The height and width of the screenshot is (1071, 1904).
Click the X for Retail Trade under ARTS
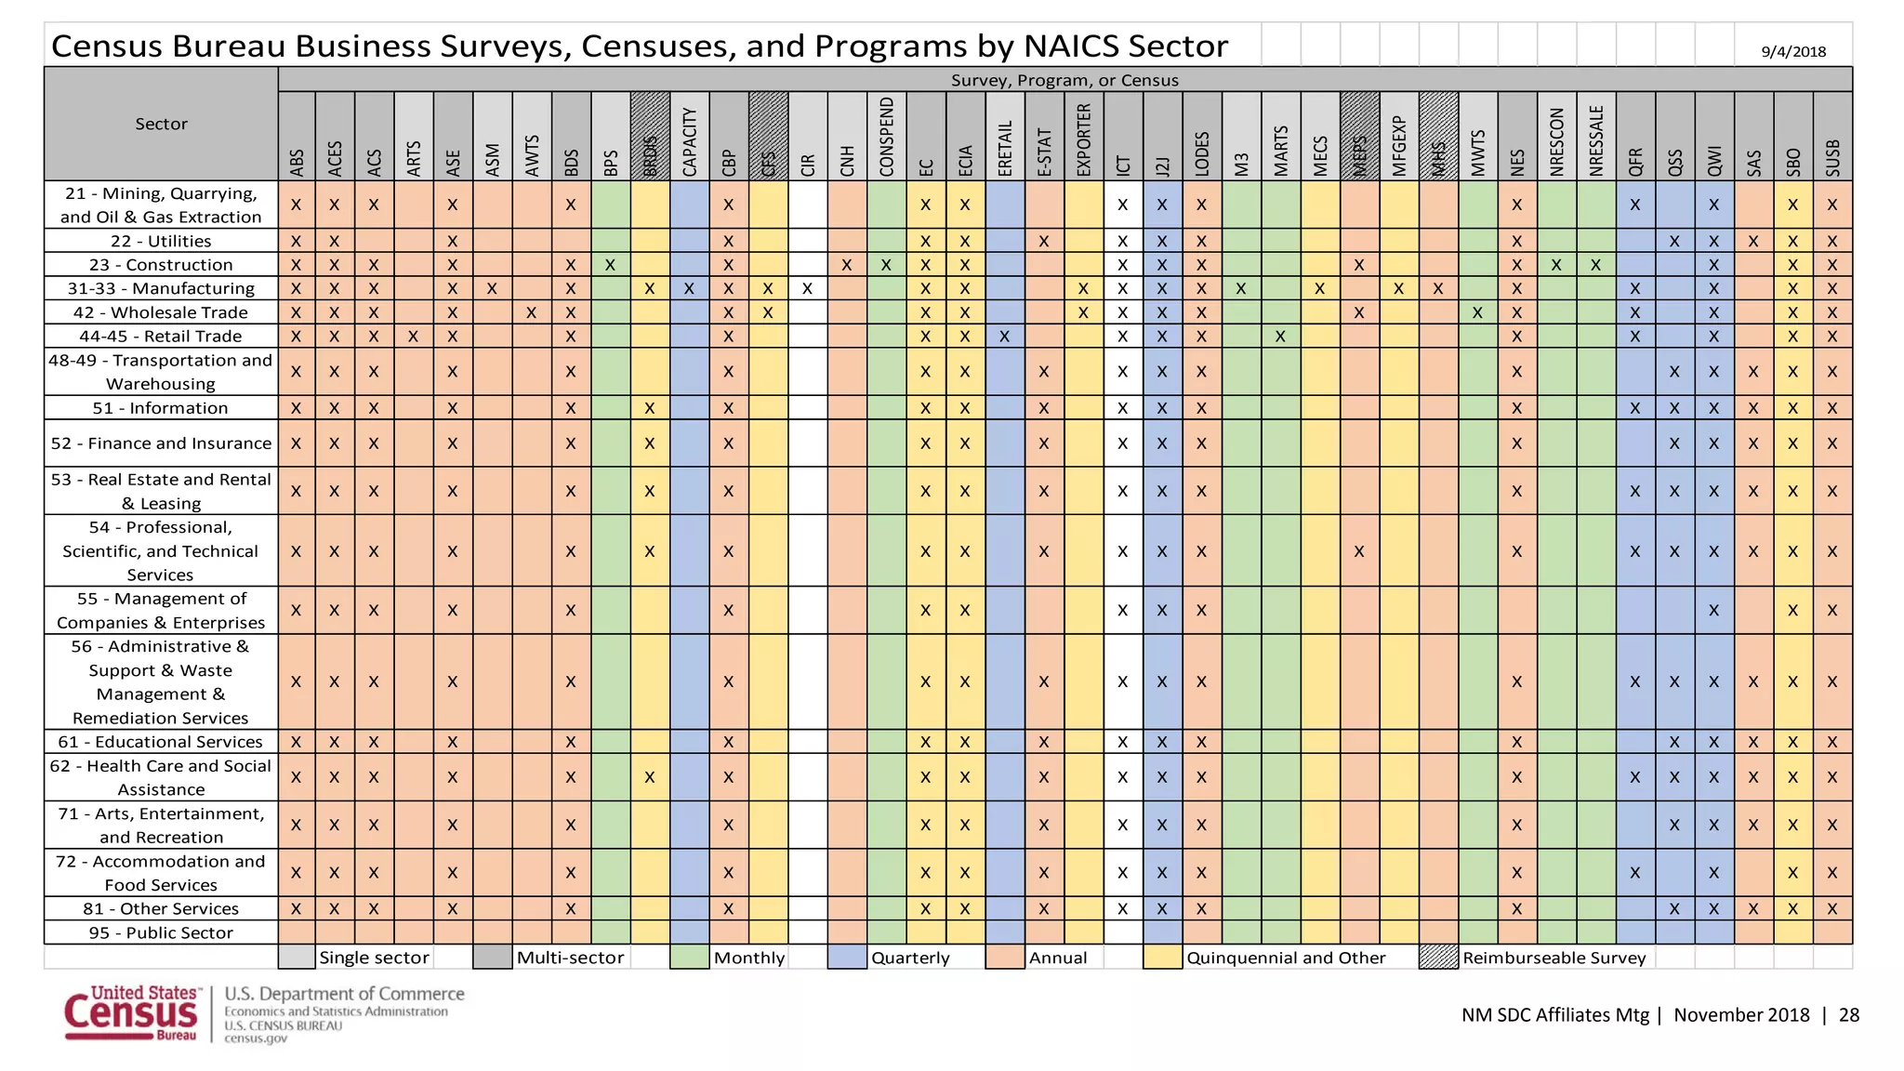[x=413, y=337]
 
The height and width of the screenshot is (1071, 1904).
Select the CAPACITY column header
[x=689, y=139]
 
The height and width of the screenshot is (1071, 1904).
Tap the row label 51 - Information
[x=160, y=408]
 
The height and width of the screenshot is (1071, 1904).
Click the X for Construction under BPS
[x=610, y=265]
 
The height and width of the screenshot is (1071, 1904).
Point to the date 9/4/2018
[x=1793, y=51]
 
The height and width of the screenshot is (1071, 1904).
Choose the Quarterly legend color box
[x=847, y=958]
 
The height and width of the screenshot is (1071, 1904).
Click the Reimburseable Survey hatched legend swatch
[x=1438, y=958]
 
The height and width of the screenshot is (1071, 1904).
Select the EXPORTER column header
[x=1083, y=139]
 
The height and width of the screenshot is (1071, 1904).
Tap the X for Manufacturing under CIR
[x=807, y=289]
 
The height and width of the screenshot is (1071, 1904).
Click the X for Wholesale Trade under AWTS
[x=531, y=312]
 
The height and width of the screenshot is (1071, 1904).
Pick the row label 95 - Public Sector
[x=160, y=932]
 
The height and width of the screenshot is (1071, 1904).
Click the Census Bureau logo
[x=131, y=1013]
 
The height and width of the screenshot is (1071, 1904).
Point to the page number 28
[x=1848, y=1015]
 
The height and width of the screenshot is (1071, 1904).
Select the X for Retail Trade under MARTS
[x=1280, y=337]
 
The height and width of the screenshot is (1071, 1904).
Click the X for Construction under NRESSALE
[x=1595, y=265]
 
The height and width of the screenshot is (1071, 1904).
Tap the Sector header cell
[x=161, y=124]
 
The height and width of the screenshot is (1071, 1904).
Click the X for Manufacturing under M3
[x=1240, y=289]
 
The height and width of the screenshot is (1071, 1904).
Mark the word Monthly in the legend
[x=748, y=958]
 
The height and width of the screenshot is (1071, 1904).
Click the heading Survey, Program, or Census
[x=1064, y=80]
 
